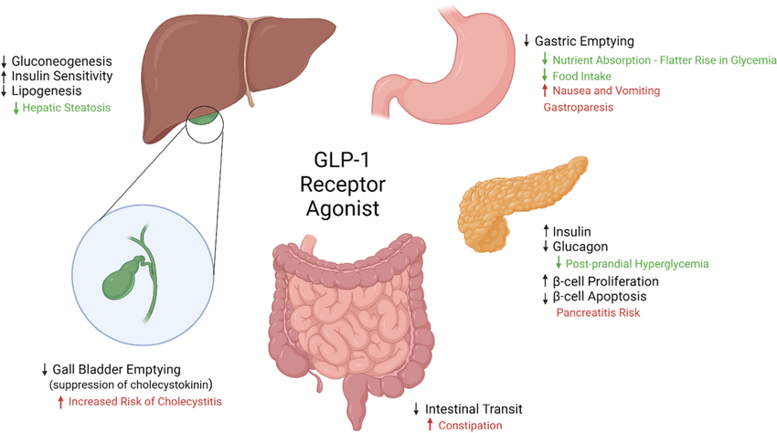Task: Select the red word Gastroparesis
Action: click(x=578, y=108)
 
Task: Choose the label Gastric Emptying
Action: click(x=584, y=42)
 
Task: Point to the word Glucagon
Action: click(x=580, y=247)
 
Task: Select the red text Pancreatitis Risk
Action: click(x=598, y=313)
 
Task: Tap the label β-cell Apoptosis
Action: click(x=600, y=297)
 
